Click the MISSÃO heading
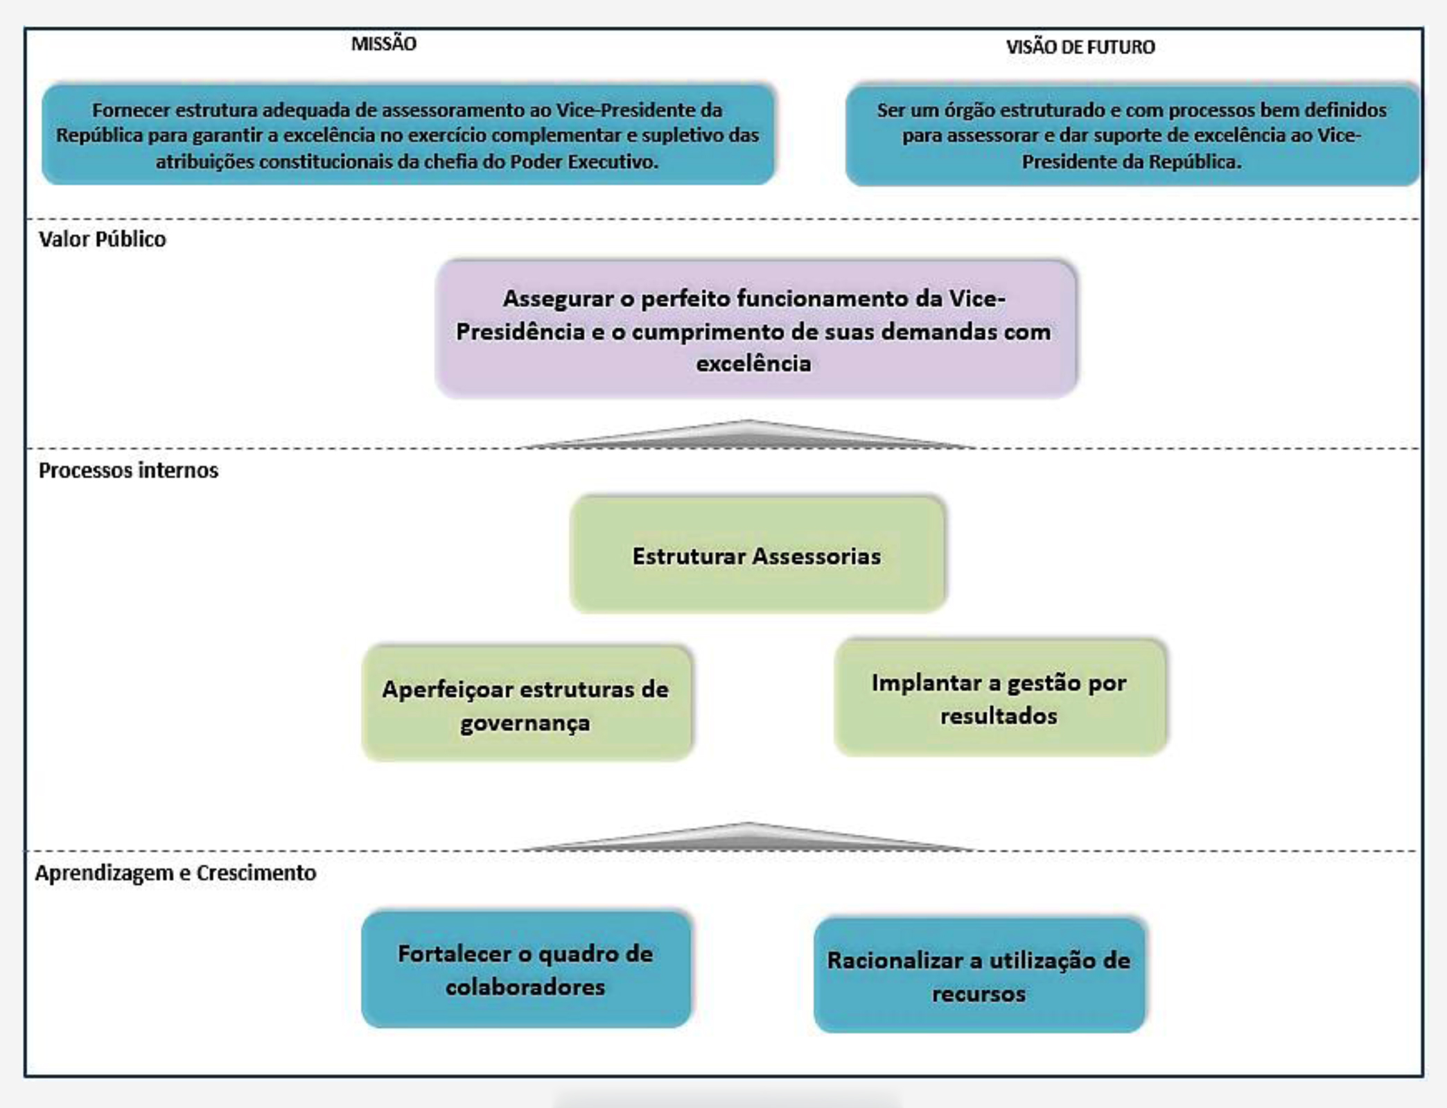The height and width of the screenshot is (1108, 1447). coord(383,44)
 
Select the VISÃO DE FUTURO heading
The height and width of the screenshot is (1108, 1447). coord(1080,47)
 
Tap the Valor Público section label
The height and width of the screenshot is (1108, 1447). coord(103,239)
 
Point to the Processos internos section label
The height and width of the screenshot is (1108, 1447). coord(128,471)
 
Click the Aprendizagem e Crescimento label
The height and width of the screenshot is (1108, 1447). coord(175,872)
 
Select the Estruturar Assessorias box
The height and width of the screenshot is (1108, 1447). coord(757,554)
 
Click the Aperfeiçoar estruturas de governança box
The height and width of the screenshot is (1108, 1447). coord(526,703)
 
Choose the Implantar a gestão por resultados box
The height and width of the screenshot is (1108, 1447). coord(1000,697)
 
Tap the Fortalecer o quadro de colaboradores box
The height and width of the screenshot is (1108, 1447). coord(525,969)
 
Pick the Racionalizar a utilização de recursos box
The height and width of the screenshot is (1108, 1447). coord(979,976)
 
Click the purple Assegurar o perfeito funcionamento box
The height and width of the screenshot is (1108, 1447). coord(755,328)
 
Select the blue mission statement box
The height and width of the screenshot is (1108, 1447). coord(407,135)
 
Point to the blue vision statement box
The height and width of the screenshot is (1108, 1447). coord(1131,135)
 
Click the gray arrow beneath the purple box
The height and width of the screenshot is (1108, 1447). coord(747,435)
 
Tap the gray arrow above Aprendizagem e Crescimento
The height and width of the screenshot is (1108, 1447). coord(747,837)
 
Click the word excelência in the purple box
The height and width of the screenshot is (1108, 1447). coord(753,364)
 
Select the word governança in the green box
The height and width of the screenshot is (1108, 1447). coord(525,723)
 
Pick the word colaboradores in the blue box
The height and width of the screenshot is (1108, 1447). coord(525,987)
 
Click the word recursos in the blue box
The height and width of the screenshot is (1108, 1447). coord(979,994)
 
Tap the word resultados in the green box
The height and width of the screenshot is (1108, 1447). coord(999,716)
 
